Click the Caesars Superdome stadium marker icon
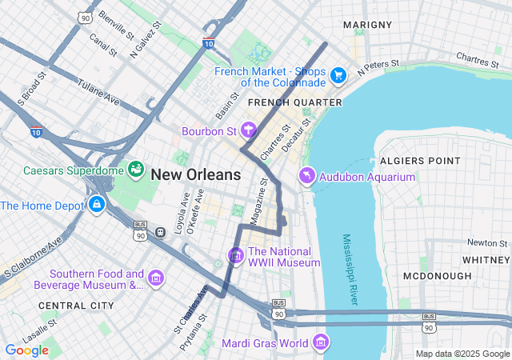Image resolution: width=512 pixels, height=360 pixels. (x=136, y=170)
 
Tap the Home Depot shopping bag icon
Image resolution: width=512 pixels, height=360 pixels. (x=97, y=205)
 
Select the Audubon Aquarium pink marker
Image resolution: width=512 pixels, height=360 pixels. (x=306, y=176)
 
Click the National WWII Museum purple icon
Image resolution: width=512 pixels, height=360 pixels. (x=235, y=255)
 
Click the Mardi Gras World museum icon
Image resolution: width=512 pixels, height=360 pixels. (x=321, y=343)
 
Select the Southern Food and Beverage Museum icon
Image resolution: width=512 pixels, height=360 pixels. (x=156, y=278)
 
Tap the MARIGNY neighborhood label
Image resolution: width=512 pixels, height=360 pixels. (x=367, y=26)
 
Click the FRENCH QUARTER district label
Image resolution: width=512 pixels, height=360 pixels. (x=294, y=102)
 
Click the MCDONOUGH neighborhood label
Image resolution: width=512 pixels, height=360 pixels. (x=437, y=276)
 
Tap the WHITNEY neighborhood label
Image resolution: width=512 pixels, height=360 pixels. (x=486, y=260)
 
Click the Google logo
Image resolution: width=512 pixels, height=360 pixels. (x=27, y=350)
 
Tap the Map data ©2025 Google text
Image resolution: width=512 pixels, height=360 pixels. (x=462, y=354)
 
